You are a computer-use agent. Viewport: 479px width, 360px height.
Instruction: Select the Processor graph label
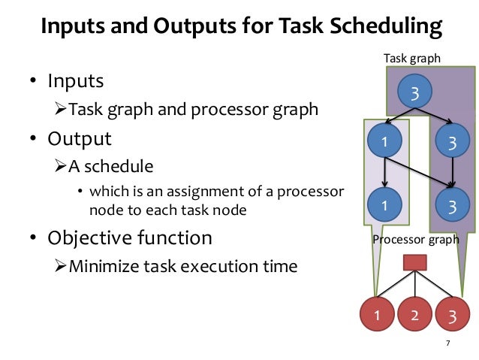point(415,240)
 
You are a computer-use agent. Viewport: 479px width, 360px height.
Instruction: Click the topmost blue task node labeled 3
point(414,93)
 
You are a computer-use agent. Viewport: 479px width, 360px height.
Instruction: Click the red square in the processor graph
point(415,262)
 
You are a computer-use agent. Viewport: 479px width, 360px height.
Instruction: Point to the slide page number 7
point(447,344)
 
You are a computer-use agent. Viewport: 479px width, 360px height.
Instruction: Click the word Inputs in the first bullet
point(76,80)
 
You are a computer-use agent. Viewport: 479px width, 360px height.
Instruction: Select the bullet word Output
point(80,140)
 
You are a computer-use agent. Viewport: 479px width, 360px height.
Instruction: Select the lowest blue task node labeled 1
point(384,204)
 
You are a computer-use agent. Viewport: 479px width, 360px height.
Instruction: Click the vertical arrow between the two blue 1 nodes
point(384,174)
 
